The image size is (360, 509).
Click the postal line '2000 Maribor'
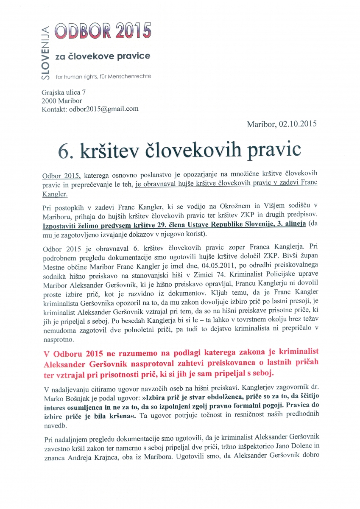point(61,101)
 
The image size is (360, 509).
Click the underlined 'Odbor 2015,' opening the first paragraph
point(61,175)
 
